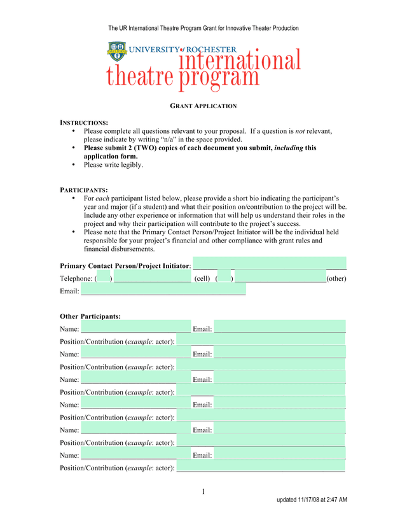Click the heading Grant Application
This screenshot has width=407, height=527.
[203, 106]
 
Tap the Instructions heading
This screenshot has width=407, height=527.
[84, 122]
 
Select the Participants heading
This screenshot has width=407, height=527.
[84, 190]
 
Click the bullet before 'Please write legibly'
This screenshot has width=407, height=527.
[74, 165]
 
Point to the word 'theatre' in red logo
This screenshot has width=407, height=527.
[140, 78]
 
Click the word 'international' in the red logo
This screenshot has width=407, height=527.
[239, 61]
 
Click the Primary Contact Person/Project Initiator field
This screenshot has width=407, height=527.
[269, 264]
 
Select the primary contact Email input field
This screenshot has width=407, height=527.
[163, 290]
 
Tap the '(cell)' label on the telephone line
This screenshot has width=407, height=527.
[202, 279]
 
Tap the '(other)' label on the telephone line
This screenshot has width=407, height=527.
[336, 279]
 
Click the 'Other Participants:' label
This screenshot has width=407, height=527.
[90, 316]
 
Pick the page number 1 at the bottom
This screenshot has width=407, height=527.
[203, 491]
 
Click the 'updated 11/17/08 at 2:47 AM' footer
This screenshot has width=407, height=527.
[312, 500]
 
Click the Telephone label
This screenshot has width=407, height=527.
[76, 279]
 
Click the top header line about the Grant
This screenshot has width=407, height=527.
[203, 29]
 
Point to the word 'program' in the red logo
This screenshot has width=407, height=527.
[219, 78]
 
